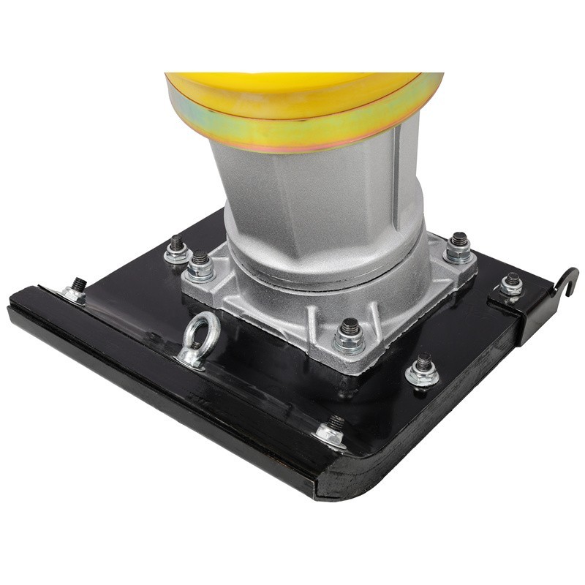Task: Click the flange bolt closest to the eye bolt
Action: [199, 267]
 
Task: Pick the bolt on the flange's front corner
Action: [350, 336]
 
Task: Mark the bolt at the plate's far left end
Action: [76, 290]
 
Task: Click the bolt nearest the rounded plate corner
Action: [333, 431]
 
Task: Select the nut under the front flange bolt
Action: [349, 346]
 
